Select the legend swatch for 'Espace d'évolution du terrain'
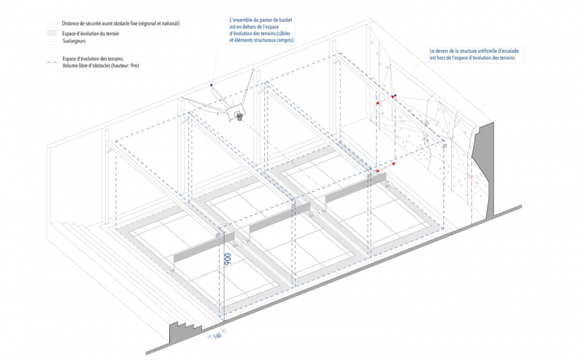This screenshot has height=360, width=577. pyautogui.click(x=51, y=32)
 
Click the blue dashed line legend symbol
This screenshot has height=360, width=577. pyautogui.click(x=51, y=58)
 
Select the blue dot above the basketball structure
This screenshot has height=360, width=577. pyautogui.click(x=211, y=85)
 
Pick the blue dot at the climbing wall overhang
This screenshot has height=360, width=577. pyautogui.click(x=396, y=96)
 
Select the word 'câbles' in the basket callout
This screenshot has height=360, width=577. pyautogui.click(x=283, y=34)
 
